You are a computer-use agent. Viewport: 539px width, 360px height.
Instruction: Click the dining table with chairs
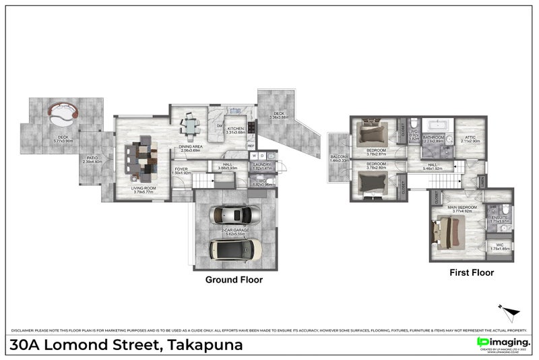coord(191,125)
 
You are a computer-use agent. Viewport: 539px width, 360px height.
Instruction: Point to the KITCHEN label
coord(234,128)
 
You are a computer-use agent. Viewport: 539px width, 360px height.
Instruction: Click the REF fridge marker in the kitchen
coord(251,146)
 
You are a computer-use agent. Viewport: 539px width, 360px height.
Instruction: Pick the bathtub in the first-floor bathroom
coord(435,125)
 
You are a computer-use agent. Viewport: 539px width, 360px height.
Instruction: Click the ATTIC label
coord(470,137)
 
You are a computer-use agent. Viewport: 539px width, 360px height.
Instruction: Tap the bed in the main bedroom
coord(449,231)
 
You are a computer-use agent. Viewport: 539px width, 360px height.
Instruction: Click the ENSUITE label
coord(499,217)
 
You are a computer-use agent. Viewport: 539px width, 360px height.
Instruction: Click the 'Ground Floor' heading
coord(234,279)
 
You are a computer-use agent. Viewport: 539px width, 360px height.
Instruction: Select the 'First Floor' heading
coord(472,273)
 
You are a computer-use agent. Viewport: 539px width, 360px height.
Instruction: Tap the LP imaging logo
coord(503,342)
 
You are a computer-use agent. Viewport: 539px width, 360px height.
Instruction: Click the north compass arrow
coord(510,312)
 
